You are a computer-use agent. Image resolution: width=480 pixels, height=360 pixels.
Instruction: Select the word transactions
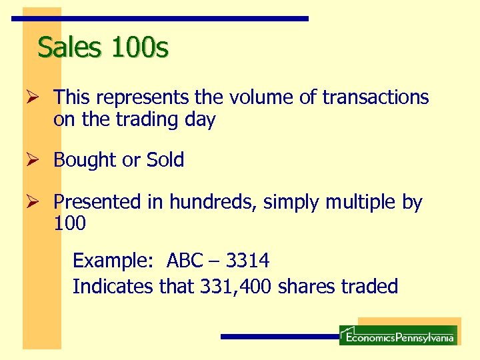point(375,98)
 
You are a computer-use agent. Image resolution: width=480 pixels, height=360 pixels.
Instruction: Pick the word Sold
point(165,160)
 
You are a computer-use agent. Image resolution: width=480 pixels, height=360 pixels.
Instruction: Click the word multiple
point(354,201)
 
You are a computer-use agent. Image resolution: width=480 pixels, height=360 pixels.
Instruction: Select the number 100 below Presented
point(69,224)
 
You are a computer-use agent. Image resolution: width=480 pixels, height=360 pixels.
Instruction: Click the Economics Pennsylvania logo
point(397,334)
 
